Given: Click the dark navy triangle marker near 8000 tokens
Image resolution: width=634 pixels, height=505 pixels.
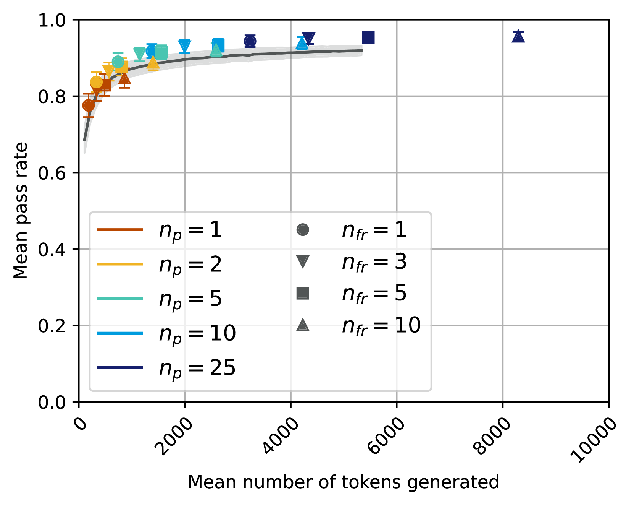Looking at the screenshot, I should click(x=518, y=36).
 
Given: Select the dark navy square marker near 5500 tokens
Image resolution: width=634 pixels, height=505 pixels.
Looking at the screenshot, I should click(x=368, y=38).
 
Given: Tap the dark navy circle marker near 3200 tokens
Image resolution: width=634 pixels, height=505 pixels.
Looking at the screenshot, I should click(x=250, y=41).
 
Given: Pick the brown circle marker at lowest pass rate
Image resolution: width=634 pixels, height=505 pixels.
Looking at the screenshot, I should click(x=89, y=105).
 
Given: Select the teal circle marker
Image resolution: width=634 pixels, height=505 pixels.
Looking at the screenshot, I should click(x=118, y=62).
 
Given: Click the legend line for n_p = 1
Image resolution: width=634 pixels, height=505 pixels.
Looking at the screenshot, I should click(x=120, y=230).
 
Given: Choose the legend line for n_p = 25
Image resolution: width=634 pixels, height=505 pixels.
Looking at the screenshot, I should click(x=120, y=367).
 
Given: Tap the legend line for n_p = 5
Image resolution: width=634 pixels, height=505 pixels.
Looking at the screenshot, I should click(x=120, y=299).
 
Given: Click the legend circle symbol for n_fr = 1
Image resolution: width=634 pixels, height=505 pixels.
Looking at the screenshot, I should click(x=303, y=230).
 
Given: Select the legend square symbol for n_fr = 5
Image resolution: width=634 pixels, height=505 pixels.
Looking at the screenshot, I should click(x=303, y=293).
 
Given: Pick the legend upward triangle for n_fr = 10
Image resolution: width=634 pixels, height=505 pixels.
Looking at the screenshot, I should click(x=303, y=325).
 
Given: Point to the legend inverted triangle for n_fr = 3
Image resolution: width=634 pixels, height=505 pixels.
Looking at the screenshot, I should click(x=303, y=262).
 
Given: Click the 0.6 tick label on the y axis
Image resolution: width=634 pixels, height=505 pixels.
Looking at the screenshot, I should click(x=52, y=173).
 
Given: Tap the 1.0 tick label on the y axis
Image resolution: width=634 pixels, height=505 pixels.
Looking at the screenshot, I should click(x=52, y=20).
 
